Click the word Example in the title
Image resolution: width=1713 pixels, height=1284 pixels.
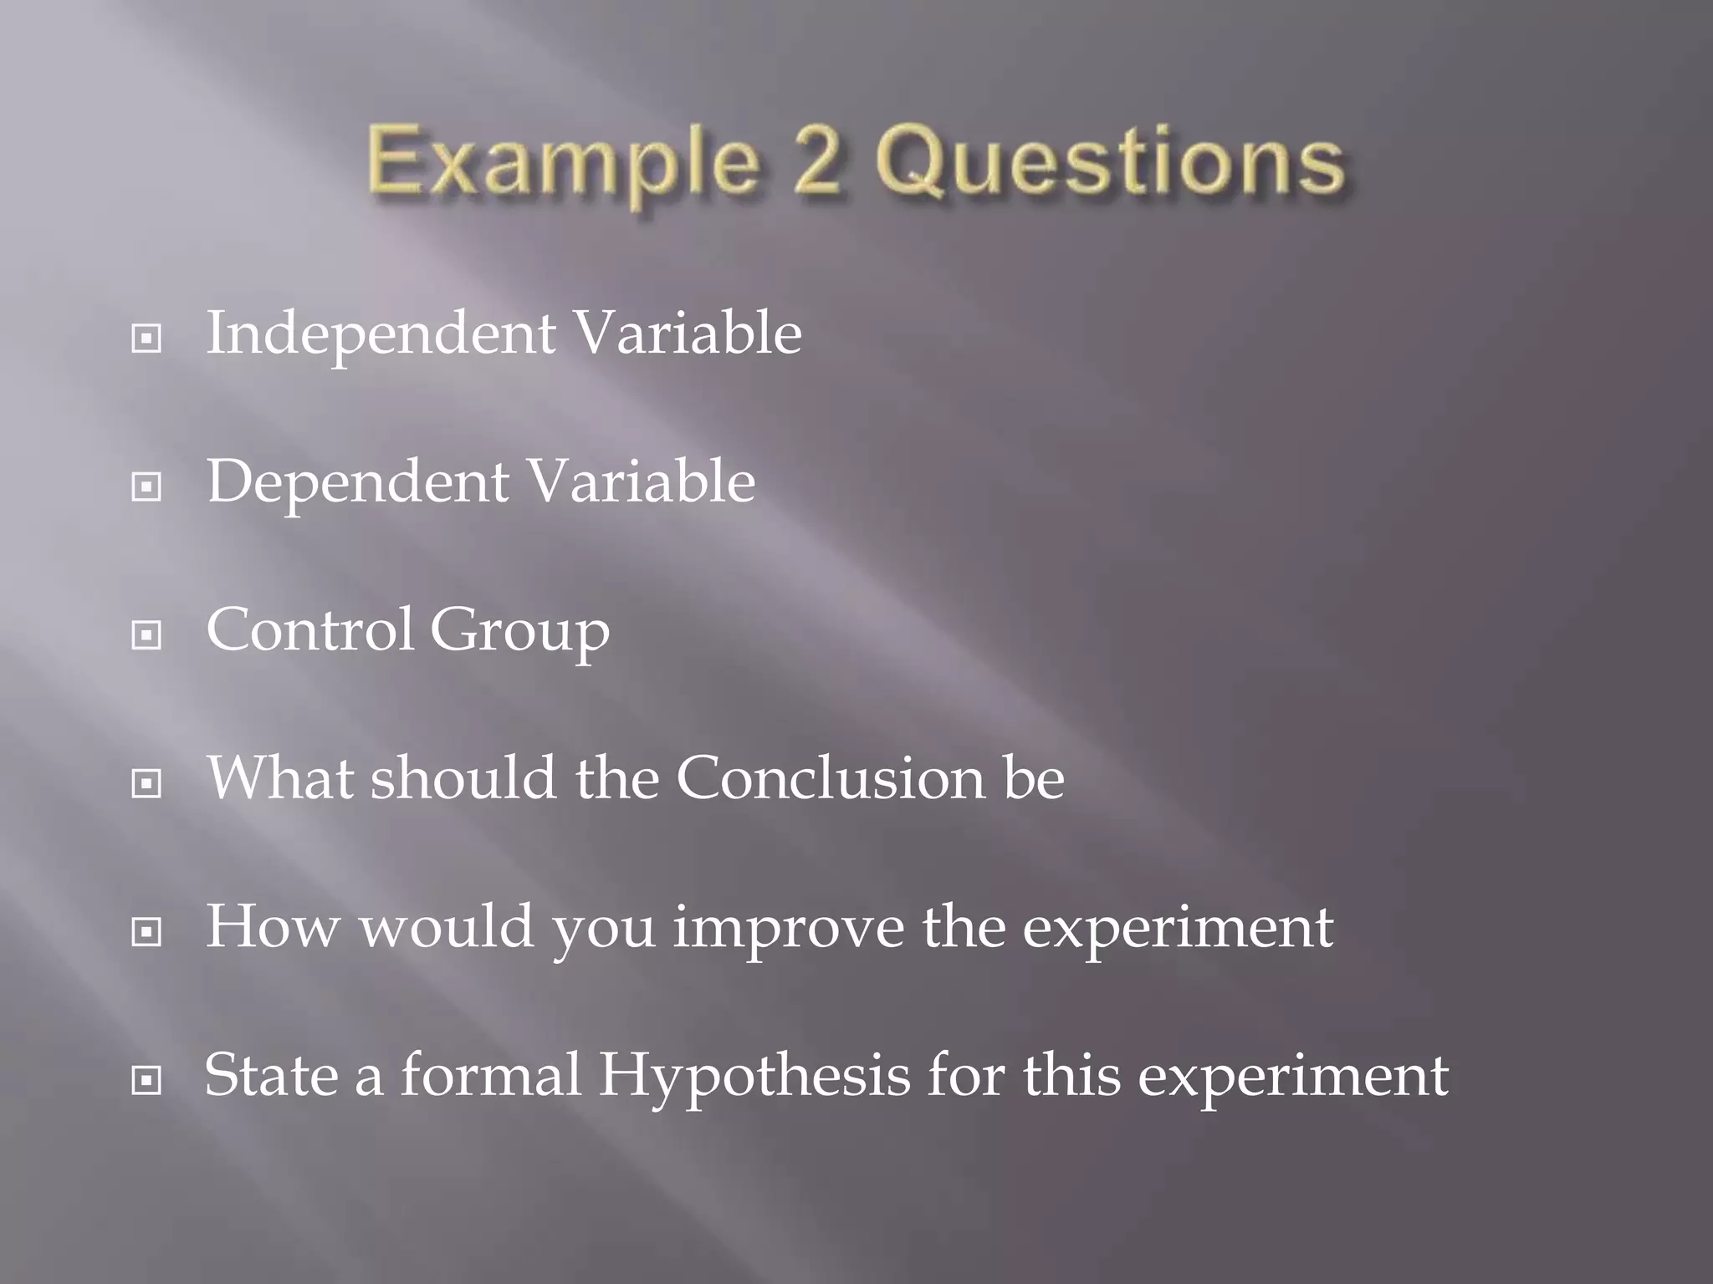click(560, 163)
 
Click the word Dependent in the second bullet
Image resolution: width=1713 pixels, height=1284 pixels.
click(358, 482)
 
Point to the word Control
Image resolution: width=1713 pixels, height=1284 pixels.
click(310, 629)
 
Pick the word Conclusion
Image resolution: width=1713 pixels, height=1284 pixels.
click(831, 778)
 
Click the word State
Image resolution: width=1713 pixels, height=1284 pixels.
click(269, 1075)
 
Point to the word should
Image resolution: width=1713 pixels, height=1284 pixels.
click(463, 778)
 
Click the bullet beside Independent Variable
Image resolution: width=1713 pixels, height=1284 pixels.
click(146, 339)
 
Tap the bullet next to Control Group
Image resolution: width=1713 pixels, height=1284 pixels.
click(146, 635)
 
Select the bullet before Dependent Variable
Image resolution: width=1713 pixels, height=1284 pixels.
click(146, 487)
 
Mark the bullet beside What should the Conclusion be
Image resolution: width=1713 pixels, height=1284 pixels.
click(146, 783)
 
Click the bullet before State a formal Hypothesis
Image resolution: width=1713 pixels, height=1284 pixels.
click(146, 1081)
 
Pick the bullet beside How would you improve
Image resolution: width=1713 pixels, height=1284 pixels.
click(146, 931)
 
